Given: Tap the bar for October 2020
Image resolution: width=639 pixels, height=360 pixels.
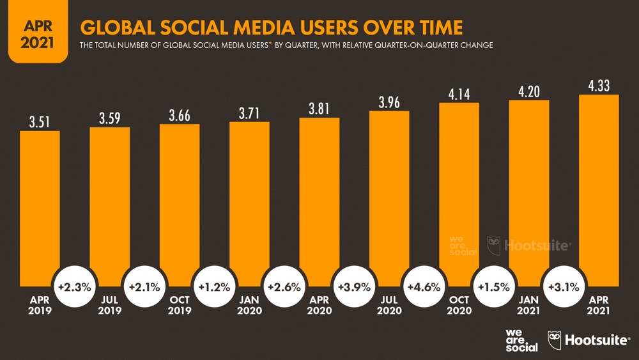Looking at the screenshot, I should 459,192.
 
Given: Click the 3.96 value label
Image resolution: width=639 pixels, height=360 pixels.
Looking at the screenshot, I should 389,100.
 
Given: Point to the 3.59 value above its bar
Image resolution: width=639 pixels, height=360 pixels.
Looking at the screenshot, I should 110,118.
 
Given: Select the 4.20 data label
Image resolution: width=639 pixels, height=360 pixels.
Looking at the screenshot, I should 528,92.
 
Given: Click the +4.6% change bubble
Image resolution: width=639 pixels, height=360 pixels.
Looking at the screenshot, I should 423,287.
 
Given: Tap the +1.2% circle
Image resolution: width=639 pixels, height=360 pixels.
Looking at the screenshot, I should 213,287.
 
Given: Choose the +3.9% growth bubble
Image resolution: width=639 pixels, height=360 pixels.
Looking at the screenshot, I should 353,287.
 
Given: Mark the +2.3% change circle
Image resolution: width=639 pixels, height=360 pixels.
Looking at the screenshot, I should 74,287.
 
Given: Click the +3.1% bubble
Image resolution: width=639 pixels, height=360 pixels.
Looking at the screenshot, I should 563,287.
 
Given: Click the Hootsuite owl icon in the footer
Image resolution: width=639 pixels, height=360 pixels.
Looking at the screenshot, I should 555,340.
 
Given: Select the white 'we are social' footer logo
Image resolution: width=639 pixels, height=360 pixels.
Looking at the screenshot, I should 521,340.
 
